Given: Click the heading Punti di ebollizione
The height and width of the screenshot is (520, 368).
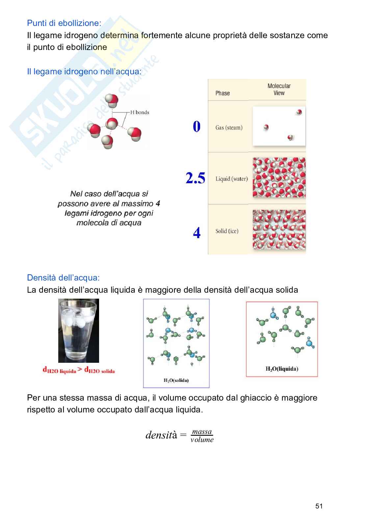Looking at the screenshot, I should [x=64, y=23].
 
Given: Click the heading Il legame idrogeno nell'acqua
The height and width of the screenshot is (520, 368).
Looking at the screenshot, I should [x=84, y=71].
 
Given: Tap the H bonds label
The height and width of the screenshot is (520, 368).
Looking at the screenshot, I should [x=140, y=112].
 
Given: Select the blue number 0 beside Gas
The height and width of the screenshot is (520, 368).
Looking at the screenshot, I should [x=197, y=127].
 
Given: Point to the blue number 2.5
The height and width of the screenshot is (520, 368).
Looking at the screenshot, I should [x=195, y=178].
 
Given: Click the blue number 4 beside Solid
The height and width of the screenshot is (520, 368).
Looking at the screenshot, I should [x=197, y=233].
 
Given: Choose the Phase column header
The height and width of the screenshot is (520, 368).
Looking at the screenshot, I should [x=223, y=93].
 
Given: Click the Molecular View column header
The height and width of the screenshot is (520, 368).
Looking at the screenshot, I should [x=279, y=89].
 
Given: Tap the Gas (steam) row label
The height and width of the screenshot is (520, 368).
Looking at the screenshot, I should [x=229, y=128].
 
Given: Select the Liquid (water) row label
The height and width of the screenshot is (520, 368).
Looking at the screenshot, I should [x=231, y=179].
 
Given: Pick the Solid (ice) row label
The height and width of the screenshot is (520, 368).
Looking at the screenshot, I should [x=227, y=231].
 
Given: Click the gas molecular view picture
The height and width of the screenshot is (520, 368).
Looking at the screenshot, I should [x=279, y=126].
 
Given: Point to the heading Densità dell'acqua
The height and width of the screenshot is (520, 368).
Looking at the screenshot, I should [x=63, y=278].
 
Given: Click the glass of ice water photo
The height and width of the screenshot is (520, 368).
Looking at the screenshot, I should [x=78, y=330].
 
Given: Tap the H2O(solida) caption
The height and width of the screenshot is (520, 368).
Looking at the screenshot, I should [x=176, y=381].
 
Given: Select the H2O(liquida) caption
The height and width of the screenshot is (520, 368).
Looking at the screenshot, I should [x=282, y=369].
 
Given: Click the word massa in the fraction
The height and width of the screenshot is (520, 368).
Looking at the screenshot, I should [x=202, y=432].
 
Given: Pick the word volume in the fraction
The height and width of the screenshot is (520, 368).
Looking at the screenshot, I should [x=202, y=440].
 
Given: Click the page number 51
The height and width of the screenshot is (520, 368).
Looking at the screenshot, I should [x=319, y=506].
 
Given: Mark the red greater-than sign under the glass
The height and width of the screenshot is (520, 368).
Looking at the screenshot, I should [x=80, y=369].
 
